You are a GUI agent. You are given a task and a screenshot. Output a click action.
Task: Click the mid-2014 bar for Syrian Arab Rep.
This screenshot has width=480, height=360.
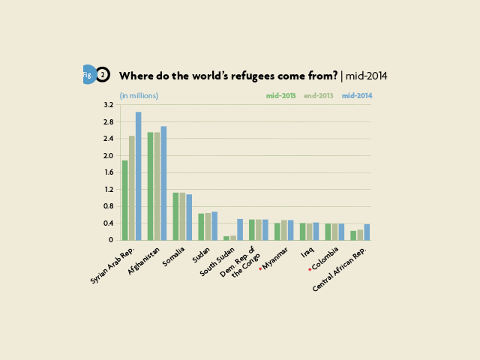138,176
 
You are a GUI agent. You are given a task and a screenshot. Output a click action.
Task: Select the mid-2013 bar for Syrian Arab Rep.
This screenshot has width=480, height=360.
125,200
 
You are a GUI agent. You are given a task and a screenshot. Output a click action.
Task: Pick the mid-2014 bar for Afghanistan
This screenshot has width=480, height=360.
163,183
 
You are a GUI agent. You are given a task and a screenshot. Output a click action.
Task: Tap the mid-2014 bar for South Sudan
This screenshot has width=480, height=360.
240,229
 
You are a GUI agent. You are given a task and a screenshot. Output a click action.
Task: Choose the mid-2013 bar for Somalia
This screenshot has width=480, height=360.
175,216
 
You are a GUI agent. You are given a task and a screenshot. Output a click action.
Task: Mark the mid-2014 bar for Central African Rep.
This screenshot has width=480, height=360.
367,232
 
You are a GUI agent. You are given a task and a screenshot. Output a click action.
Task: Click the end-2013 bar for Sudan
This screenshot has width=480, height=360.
208,226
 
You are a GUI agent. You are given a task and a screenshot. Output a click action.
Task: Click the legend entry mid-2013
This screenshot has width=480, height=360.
280,96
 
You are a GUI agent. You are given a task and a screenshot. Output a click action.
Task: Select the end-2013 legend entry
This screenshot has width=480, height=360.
318,96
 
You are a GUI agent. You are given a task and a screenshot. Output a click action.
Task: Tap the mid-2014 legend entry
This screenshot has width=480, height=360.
356,96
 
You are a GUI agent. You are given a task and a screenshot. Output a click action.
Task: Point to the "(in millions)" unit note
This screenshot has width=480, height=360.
139,96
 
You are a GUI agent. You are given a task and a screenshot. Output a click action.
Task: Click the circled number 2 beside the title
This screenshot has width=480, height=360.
103,75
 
